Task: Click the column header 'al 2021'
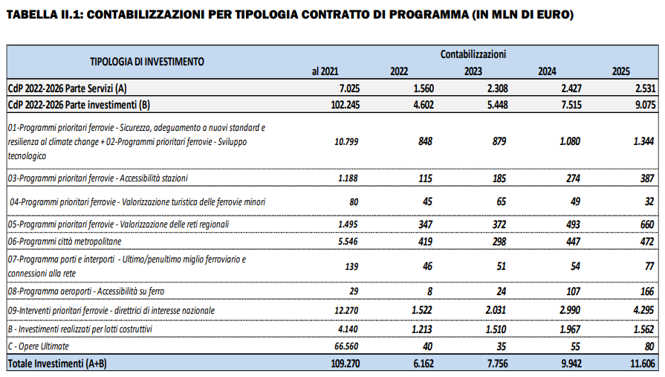(x=325, y=71)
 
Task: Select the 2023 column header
(x=473, y=71)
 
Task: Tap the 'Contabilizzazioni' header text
(x=473, y=54)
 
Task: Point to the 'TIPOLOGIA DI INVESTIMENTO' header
(x=146, y=62)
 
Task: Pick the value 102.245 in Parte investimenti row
(x=346, y=105)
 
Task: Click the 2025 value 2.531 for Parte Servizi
(x=646, y=88)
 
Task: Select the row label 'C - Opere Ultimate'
(x=39, y=347)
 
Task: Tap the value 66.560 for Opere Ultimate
(x=346, y=347)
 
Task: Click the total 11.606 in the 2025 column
(x=643, y=364)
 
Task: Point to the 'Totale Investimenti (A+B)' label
(x=57, y=364)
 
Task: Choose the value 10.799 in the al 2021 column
(x=346, y=141)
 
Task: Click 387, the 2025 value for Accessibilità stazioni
(x=647, y=178)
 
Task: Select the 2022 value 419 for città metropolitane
(x=426, y=242)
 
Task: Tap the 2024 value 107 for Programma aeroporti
(x=574, y=291)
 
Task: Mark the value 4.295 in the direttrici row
(x=643, y=310)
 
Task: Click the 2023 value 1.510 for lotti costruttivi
(x=496, y=329)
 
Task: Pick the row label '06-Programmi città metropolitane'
(x=65, y=242)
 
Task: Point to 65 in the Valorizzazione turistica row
(x=502, y=202)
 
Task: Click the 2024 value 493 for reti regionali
(x=574, y=225)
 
